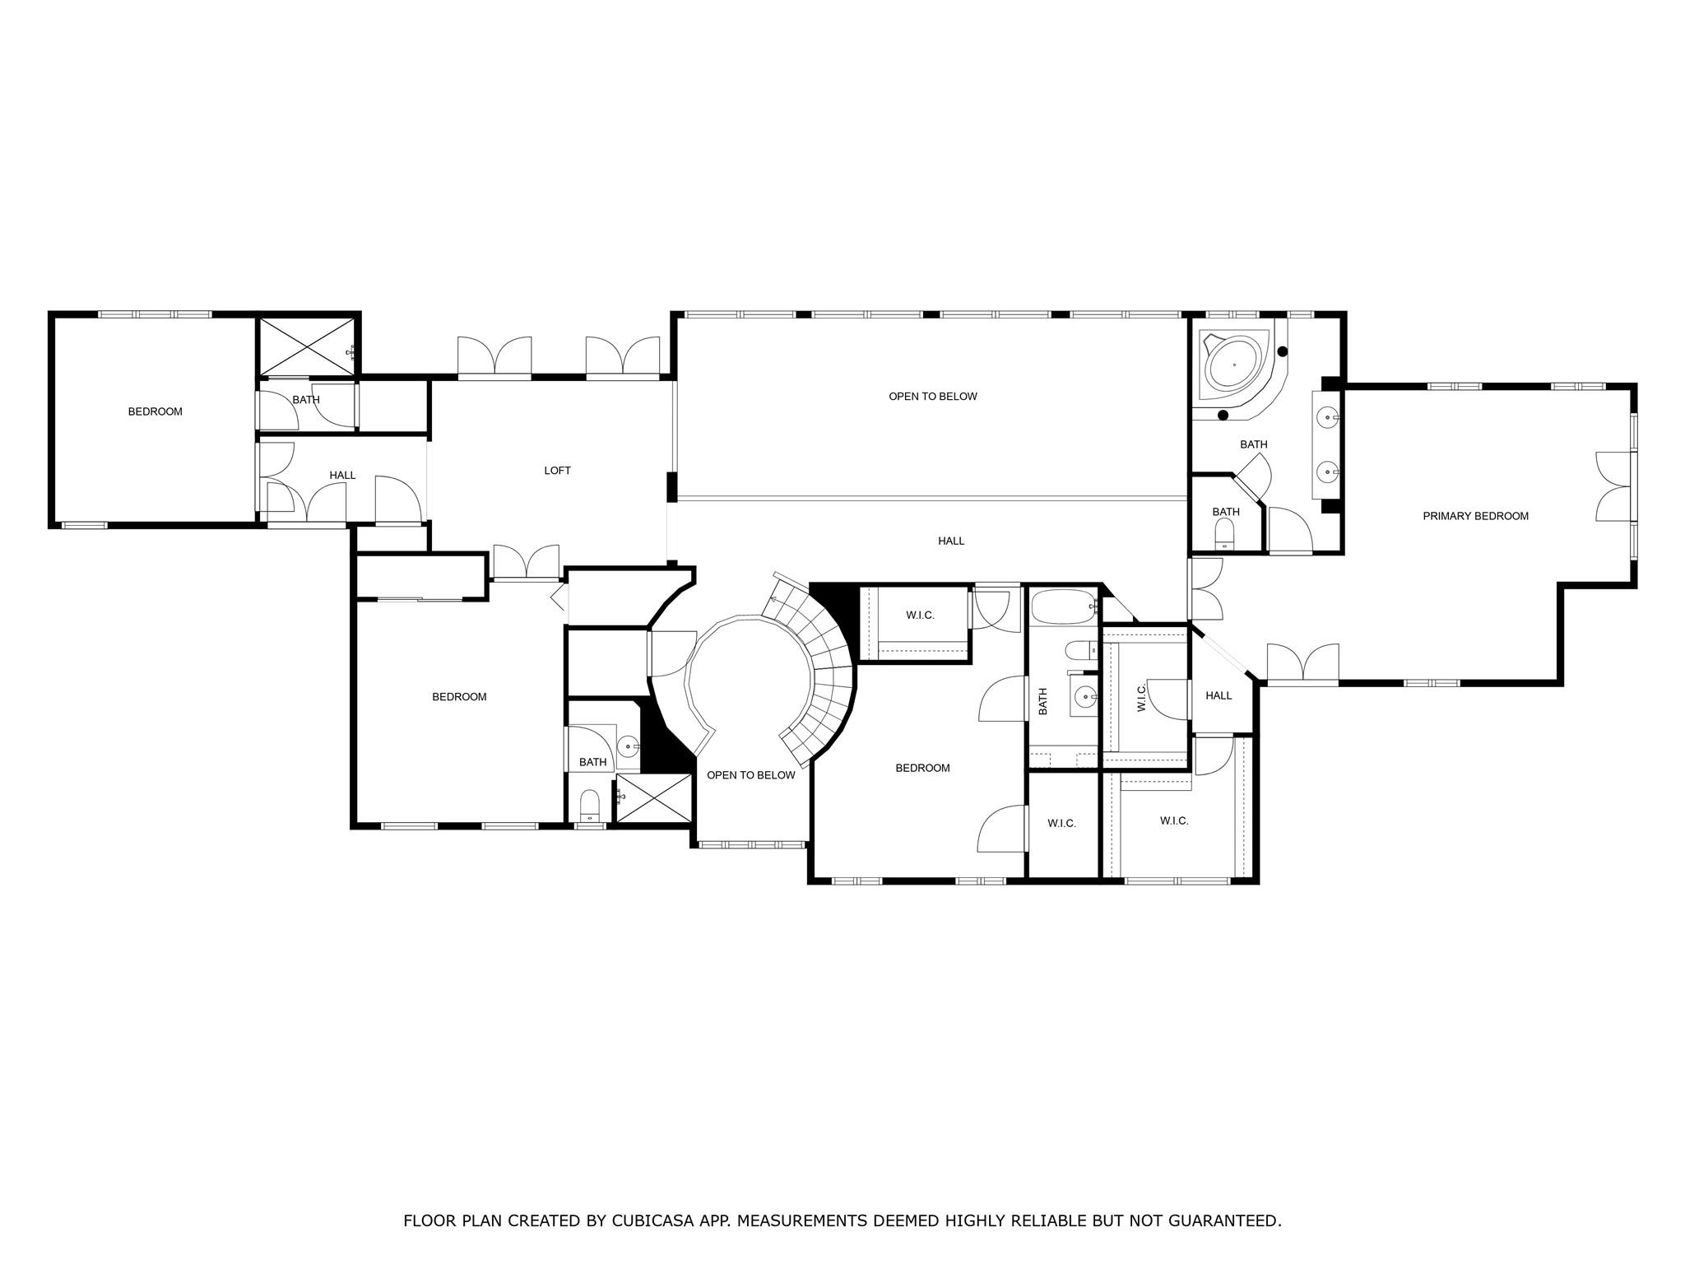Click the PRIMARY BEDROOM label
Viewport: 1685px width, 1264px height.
1475,516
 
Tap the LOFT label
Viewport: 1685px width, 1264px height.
557,471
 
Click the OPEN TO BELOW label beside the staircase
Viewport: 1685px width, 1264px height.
751,775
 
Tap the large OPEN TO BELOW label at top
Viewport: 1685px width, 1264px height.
933,397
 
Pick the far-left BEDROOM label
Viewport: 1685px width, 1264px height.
155,411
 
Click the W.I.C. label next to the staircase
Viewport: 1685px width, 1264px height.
920,616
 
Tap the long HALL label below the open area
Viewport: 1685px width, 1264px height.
951,541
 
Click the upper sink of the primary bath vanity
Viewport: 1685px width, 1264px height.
1327,418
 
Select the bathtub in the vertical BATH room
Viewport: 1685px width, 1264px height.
1064,608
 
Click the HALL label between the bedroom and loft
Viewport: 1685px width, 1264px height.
342,475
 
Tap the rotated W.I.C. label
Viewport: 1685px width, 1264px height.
1141,699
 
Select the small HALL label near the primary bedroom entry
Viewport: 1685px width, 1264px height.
1218,695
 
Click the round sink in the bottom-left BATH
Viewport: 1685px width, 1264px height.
629,748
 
